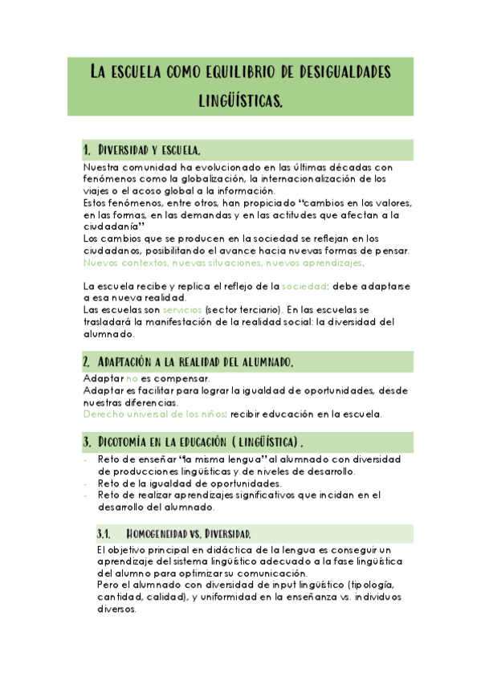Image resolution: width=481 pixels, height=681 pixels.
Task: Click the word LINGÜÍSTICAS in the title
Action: [x=241, y=102]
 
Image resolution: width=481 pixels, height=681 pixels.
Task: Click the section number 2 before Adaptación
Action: [x=86, y=362]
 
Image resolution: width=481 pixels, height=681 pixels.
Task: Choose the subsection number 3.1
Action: [x=103, y=534]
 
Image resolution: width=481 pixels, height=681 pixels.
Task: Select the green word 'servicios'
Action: [x=181, y=309]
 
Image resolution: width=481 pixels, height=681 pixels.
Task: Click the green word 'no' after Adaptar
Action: [x=132, y=378]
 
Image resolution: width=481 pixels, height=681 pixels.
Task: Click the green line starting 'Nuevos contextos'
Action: [x=223, y=263]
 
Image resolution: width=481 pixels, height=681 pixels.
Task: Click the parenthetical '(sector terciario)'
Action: [x=243, y=309]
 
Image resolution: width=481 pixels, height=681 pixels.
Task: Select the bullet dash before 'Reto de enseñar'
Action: [x=86, y=460]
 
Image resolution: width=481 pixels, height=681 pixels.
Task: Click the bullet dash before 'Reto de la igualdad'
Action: [x=86, y=483]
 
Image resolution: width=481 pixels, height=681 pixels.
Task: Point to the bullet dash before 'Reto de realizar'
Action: [x=86, y=495]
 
